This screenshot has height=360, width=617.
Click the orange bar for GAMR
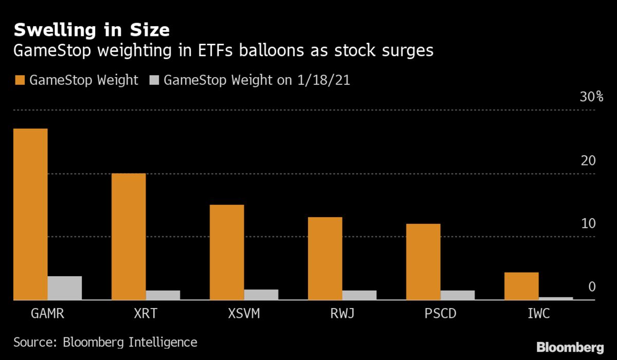click(x=30, y=214)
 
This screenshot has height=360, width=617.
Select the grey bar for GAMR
click(x=65, y=288)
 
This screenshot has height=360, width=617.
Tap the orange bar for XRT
click(x=129, y=237)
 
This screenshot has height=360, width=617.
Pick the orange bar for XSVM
click(x=227, y=252)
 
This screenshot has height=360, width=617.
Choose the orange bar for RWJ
click(x=325, y=258)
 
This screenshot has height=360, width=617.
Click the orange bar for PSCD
click(x=423, y=262)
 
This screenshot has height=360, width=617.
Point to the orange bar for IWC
click(x=521, y=286)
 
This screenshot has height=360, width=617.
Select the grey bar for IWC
click(x=556, y=298)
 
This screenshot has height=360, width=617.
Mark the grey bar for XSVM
click(x=261, y=294)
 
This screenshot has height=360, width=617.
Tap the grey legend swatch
click(x=154, y=80)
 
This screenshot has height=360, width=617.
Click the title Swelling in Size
click(x=92, y=30)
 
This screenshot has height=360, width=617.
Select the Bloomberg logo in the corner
click(x=570, y=347)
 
